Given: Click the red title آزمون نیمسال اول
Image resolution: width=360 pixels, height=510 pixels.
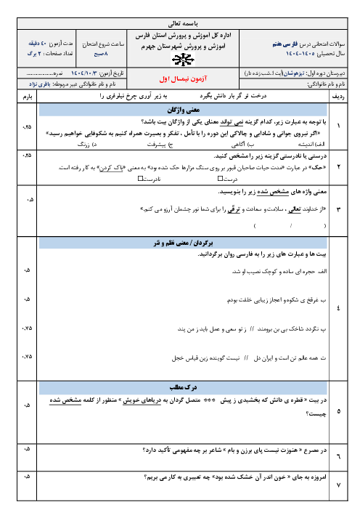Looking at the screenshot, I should click(181, 75).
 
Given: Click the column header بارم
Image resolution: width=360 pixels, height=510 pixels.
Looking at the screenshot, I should click(28, 95).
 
